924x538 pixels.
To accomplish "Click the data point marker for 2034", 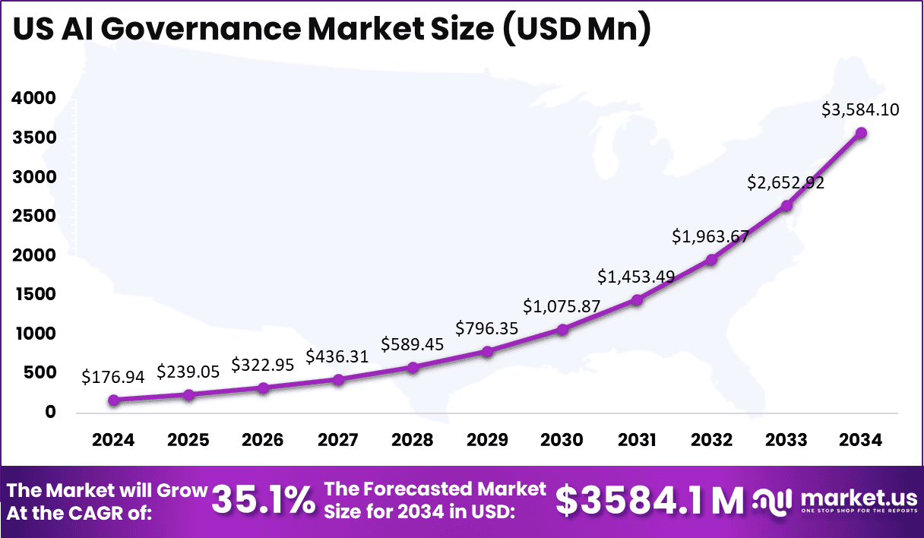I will tap(861, 133).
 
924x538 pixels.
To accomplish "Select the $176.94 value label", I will tap(113, 375).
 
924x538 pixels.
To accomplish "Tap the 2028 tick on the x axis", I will tap(413, 441).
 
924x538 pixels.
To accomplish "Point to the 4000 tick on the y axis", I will tap(33, 98).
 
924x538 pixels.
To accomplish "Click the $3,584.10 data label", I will tap(860, 109).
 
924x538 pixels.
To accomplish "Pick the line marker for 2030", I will tap(562, 330).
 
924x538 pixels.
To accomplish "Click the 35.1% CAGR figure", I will tap(262, 500).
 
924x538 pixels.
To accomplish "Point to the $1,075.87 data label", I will tap(562, 306).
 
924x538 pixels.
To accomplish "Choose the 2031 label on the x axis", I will tap(637, 441).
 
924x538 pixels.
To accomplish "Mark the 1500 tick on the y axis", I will tap(33, 294).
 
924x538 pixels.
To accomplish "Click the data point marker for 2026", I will tap(263, 388).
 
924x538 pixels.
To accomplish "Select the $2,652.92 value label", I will tap(786, 182).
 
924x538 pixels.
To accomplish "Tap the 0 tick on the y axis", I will tap(50, 412).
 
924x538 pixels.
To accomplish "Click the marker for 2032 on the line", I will tap(711, 260).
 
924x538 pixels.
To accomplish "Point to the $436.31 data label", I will tap(337, 356).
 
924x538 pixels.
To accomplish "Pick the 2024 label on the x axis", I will tap(113, 441).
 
